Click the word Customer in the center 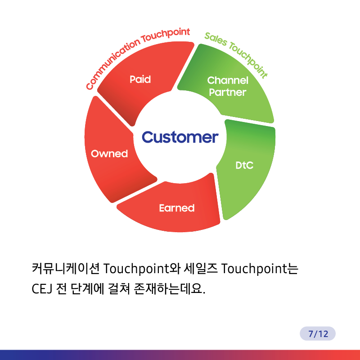[x=180, y=137]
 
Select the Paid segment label [x=140, y=79]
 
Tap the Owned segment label [x=109, y=153]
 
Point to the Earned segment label [x=177, y=208]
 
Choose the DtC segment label [x=244, y=165]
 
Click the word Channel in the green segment [x=228, y=81]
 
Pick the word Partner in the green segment [x=228, y=92]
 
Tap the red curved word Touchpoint [x=166, y=36]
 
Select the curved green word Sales [x=216, y=39]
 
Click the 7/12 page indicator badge [x=318, y=333]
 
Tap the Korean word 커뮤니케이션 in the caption [x=66, y=268]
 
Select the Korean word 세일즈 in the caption [x=201, y=268]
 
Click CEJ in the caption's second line [x=42, y=288]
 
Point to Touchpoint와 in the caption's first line [x=142, y=269]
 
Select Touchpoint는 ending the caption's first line [x=260, y=269]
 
